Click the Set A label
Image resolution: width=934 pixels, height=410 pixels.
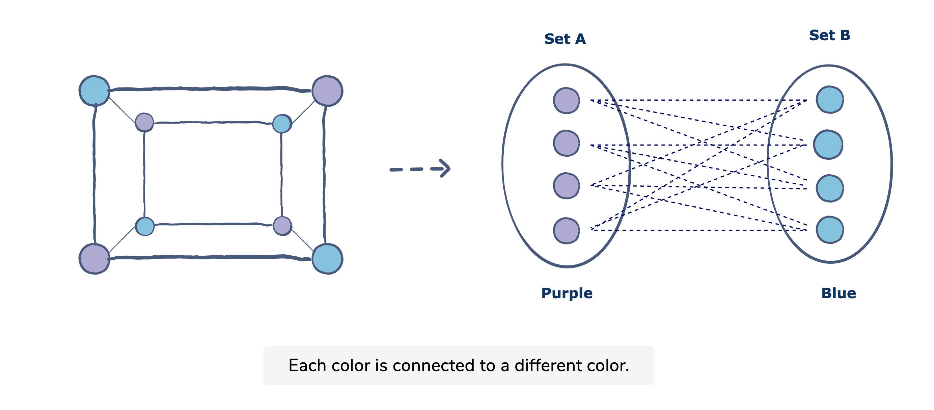(565, 39)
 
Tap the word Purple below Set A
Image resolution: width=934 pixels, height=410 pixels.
(566, 293)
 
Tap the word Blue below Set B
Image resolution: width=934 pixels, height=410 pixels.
(838, 293)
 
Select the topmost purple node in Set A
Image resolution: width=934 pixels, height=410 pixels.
(566, 101)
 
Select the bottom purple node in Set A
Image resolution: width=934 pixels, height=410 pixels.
(566, 230)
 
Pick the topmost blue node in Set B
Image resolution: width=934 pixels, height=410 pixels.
(830, 100)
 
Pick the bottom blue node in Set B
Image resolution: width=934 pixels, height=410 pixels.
(830, 230)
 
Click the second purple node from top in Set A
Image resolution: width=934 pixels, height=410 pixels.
(566, 143)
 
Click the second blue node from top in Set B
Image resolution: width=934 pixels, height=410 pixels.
(828, 145)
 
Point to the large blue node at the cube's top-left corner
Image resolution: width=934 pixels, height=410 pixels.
(94, 91)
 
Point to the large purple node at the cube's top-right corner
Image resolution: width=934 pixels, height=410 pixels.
(327, 91)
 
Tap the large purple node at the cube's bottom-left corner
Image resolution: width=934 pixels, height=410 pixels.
(94, 259)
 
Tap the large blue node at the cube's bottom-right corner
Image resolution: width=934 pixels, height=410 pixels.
(327, 259)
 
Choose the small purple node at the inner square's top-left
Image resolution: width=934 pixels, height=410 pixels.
(144, 122)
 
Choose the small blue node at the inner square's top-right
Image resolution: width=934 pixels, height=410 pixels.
(282, 124)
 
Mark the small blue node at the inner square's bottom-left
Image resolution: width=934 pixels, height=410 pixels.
(145, 226)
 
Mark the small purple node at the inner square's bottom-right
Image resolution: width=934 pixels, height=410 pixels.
(282, 226)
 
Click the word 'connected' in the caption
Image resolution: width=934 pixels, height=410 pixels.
(433, 365)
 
